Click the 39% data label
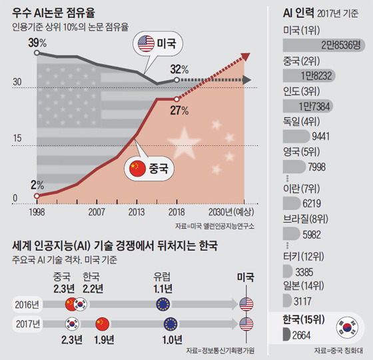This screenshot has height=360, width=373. coord(37,43)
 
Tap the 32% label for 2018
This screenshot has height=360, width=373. coord(179,69)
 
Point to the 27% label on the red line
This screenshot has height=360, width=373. coord(179,111)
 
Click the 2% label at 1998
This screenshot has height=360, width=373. coord(37,185)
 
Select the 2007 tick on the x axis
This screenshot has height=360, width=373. coord(97,212)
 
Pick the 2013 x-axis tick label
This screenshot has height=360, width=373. coord(137,212)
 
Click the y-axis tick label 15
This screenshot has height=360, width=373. coord(17,138)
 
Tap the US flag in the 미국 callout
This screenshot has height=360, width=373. coord(146,43)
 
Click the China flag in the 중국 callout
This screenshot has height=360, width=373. coord(137,168)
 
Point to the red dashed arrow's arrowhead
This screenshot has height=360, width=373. coord(245,57)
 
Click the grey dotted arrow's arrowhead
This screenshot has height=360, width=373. coord(246,80)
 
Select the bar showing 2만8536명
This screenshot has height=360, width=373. coord(324,45)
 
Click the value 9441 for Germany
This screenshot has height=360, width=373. coord(320,137)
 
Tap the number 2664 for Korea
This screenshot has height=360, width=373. coord(301,335)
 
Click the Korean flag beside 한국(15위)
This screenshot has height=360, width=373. coord(347,328)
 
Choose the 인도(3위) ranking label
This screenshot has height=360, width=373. coord(301,91)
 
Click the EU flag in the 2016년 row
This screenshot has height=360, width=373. coord(163,304)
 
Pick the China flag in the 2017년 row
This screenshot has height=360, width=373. coord(103,324)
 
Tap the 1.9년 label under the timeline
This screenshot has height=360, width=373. coord(104,340)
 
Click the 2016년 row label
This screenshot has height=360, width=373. coord(27,305)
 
